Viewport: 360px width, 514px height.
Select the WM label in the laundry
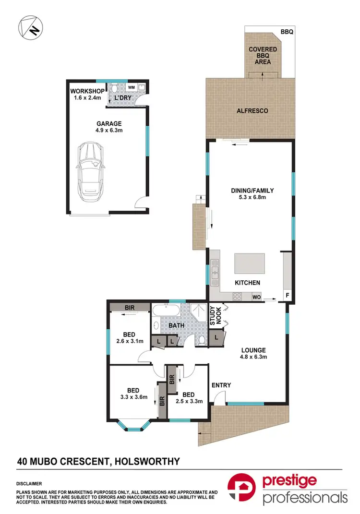pos(131,87)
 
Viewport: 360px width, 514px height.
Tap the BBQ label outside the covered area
pos(287,32)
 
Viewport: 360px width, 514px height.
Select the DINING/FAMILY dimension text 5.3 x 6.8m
pos(250,197)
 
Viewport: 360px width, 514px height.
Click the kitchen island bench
pos(249,263)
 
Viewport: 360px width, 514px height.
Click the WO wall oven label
pos(257,298)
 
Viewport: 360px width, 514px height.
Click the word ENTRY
pos(221,385)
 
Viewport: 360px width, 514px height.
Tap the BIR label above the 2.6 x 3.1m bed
pos(129,307)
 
